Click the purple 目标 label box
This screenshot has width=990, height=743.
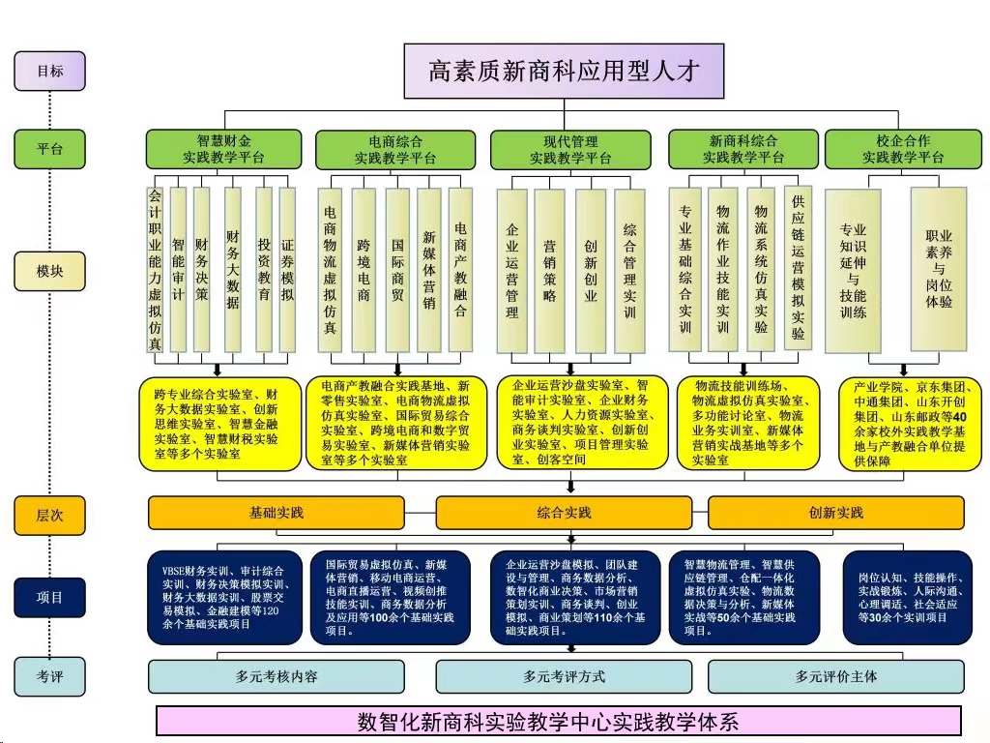tap(50, 72)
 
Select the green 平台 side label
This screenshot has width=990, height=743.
tap(50, 149)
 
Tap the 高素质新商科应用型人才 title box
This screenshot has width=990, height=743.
tap(564, 71)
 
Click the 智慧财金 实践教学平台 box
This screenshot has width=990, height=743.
tap(223, 149)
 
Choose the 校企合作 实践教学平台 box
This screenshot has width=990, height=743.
tap(904, 149)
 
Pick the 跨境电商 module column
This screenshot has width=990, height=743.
tap(364, 270)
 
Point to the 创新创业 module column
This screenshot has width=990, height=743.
tap(591, 271)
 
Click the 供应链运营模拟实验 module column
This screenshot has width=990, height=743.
tap(798, 267)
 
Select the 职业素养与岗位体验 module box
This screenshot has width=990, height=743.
tap(938, 269)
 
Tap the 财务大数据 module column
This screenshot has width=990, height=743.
tap(233, 270)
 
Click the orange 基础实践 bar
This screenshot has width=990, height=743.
tap(276, 513)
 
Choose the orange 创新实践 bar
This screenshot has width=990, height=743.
tap(836, 513)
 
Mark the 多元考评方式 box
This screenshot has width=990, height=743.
tap(564, 676)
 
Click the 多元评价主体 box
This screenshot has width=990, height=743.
tap(836, 676)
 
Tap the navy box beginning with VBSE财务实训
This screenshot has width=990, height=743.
tap(224, 598)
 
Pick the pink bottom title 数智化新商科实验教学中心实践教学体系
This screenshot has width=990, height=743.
tap(559, 721)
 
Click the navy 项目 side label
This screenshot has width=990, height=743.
tap(50, 597)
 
